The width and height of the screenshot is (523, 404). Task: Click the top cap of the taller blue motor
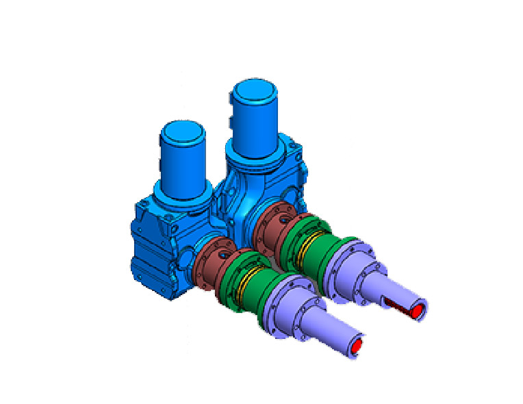[254, 92]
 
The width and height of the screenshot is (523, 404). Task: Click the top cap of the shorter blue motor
[182, 130]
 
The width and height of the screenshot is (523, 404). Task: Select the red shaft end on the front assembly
[356, 347]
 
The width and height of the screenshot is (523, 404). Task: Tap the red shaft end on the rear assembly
[416, 312]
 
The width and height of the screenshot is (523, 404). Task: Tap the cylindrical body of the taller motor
[254, 123]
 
